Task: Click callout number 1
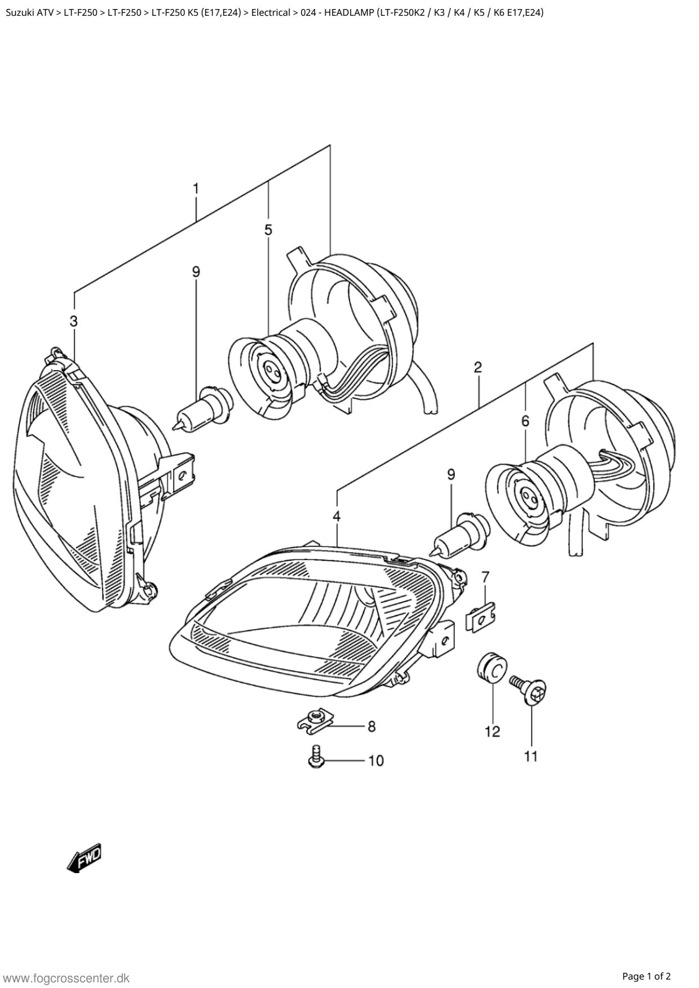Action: [x=196, y=189]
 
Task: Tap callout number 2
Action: [x=477, y=368]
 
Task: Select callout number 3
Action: [x=74, y=322]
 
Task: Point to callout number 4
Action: [x=337, y=516]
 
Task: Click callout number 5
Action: [x=268, y=230]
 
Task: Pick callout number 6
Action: [x=525, y=421]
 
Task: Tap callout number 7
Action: [x=485, y=576]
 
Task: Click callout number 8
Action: [x=371, y=727]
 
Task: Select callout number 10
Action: [x=376, y=761]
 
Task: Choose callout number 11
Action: [x=531, y=756]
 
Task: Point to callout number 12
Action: [x=492, y=732]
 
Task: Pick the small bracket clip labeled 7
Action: [x=480, y=617]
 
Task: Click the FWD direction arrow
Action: [x=85, y=858]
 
